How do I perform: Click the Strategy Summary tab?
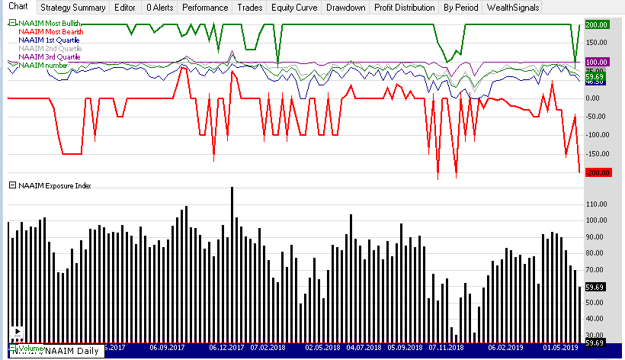(73, 8)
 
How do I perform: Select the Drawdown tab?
(345, 8)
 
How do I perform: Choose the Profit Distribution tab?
(404, 8)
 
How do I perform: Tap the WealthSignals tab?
(512, 8)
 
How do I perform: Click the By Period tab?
(460, 8)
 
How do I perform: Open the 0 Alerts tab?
(160, 8)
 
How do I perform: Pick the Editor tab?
(125, 8)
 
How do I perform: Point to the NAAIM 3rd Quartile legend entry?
(49, 57)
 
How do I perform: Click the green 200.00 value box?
(597, 24)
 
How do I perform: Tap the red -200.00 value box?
(597, 172)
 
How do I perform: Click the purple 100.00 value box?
(597, 62)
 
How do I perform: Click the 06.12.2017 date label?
(226, 347)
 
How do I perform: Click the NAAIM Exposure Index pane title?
(53, 185)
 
